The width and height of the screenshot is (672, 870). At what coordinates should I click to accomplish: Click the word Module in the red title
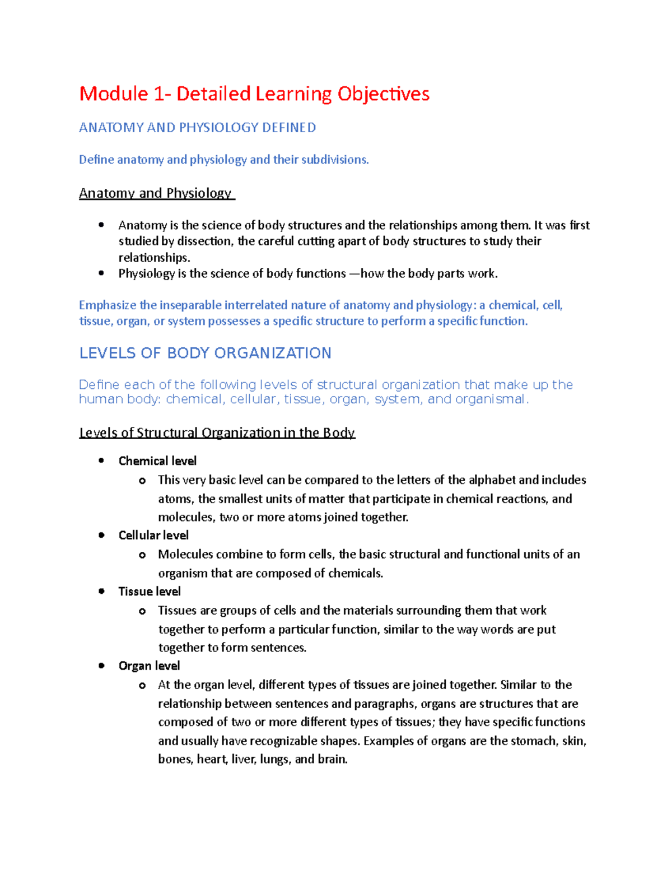[x=114, y=94]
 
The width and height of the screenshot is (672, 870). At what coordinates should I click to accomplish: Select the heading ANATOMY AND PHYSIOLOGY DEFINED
[x=197, y=128]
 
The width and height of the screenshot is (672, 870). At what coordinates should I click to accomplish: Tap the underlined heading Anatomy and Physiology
[x=155, y=193]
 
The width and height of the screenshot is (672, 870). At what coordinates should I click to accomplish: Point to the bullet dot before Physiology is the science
[x=101, y=273]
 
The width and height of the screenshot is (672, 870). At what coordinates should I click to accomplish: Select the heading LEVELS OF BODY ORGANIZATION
[x=205, y=353]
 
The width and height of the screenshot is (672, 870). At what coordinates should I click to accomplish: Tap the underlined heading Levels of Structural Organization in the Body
[x=217, y=432]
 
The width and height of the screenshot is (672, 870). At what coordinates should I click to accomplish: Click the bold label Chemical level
[x=157, y=461]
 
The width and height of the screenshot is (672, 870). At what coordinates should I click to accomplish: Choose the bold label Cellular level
[x=153, y=536]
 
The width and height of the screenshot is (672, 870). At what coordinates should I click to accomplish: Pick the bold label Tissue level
[x=150, y=592]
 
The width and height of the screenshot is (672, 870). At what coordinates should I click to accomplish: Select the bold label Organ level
[x=149, y=666]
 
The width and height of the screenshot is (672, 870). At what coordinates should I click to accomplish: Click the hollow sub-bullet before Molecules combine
[x=142, y=555]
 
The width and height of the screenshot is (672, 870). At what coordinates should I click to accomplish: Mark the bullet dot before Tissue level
[x=101, y=592]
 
